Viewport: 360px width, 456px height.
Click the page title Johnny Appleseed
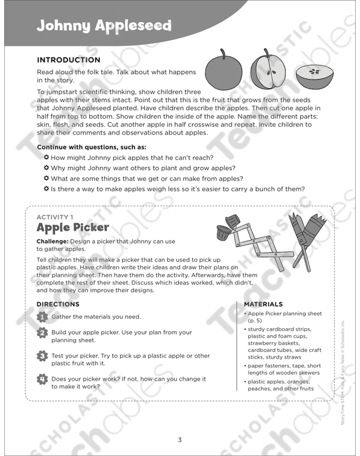103,26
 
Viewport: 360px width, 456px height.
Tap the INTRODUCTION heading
69,60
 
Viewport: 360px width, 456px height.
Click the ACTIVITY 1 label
55,217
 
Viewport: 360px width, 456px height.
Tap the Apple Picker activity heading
73,228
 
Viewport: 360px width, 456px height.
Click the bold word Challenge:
56,241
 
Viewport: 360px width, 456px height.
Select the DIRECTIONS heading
58,304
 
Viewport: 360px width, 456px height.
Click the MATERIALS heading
263,304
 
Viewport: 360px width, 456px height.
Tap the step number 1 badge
42,316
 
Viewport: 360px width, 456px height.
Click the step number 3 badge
42,356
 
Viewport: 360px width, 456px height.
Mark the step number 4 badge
42,379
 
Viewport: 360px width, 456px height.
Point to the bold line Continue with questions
92,148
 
